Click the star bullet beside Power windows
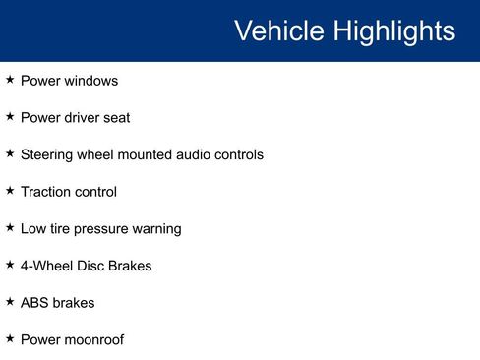point(10,79)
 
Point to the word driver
point(85,118)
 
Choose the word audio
point(213,154)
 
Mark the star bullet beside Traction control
point(10,190)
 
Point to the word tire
point(63,229)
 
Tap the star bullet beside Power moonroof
point(10,338)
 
